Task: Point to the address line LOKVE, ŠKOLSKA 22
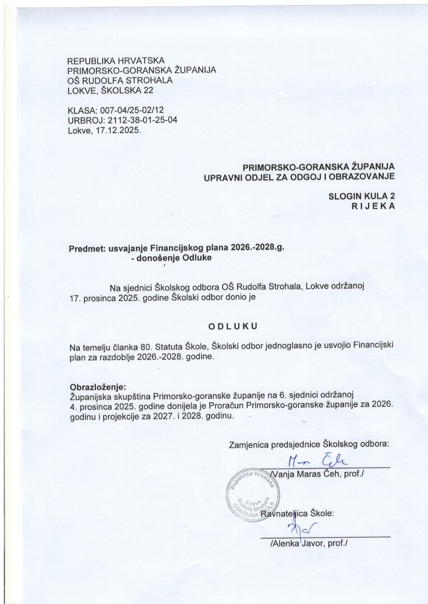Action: pos(109,89)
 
